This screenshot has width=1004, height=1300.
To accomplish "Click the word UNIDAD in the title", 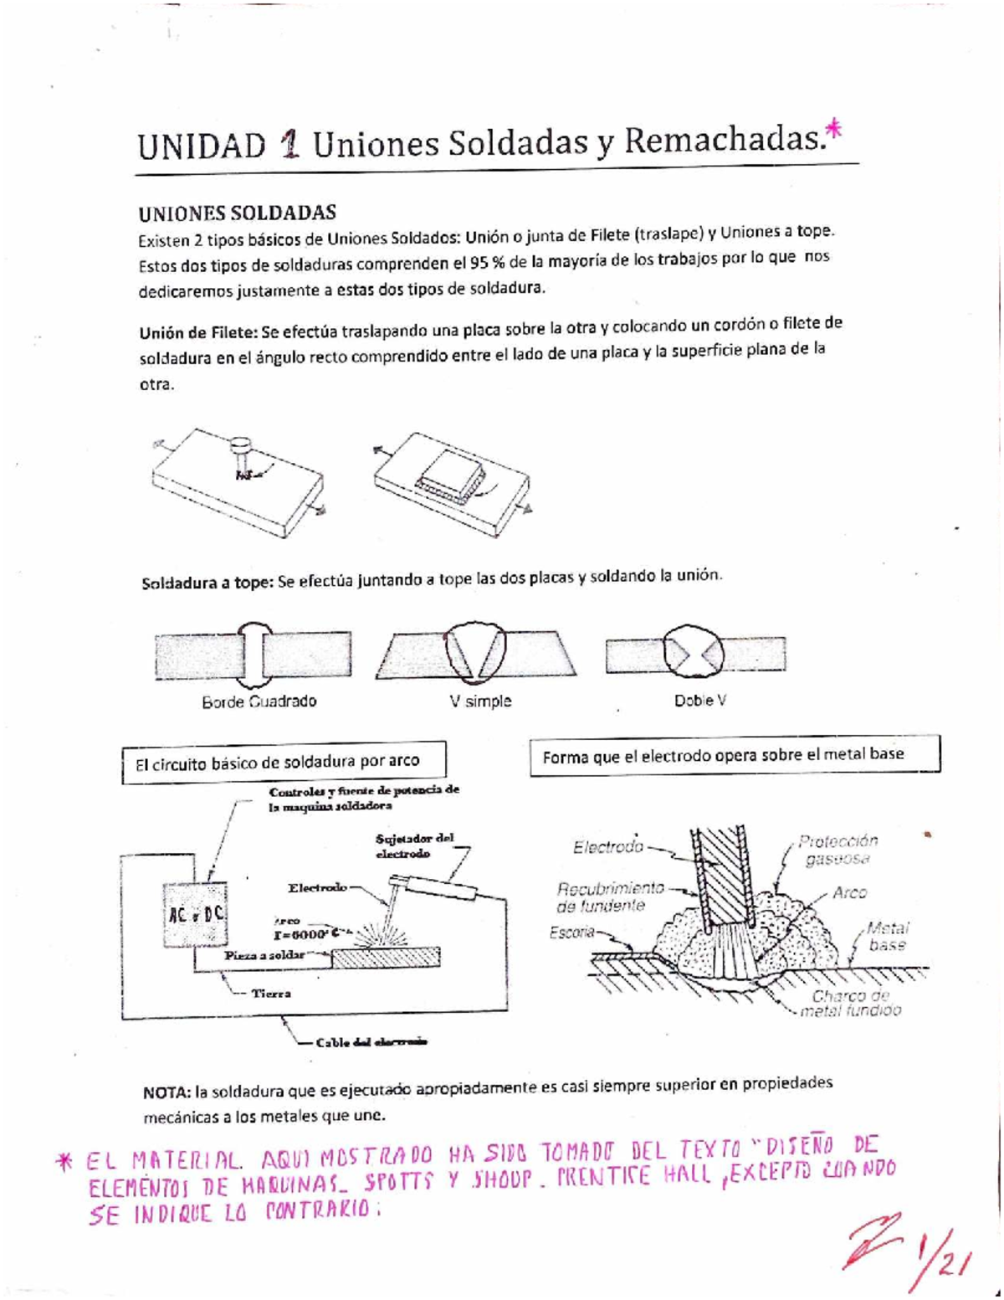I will (201, 146).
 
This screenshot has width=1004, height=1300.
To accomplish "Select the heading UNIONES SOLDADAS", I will (237, 213).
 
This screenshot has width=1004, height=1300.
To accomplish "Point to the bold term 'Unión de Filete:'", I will (197, 331).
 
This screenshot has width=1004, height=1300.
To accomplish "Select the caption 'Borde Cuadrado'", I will (259, 701).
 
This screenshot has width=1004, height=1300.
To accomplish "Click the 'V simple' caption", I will (480, 701).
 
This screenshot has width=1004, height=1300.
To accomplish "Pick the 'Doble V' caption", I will (699, 700).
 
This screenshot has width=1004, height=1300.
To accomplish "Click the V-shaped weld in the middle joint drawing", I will (476, 653).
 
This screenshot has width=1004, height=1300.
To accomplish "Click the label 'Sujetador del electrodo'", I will (414, 845).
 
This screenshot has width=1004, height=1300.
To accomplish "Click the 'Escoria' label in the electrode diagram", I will (571, 933).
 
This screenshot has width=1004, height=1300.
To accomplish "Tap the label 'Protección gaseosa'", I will (837, 850).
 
